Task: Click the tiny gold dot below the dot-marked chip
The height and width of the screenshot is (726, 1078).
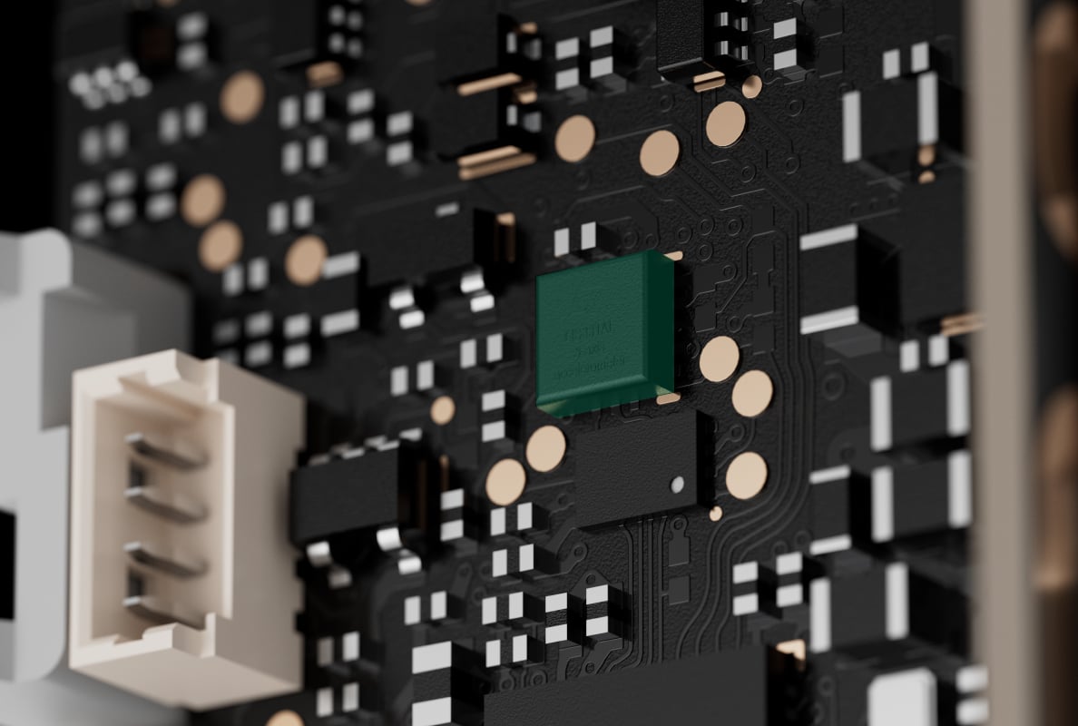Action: click(x=715, y=514)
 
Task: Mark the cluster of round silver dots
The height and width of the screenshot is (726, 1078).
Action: click(x=107, y=82)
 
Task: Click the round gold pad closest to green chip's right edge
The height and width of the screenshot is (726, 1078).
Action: click(x=719, y=359)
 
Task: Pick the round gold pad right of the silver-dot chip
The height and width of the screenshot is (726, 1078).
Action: click(x=746, y=475)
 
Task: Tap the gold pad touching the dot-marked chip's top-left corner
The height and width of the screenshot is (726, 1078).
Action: click(x=545, y=448)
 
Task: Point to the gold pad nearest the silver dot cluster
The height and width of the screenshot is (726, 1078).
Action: click(x=242, y=97)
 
